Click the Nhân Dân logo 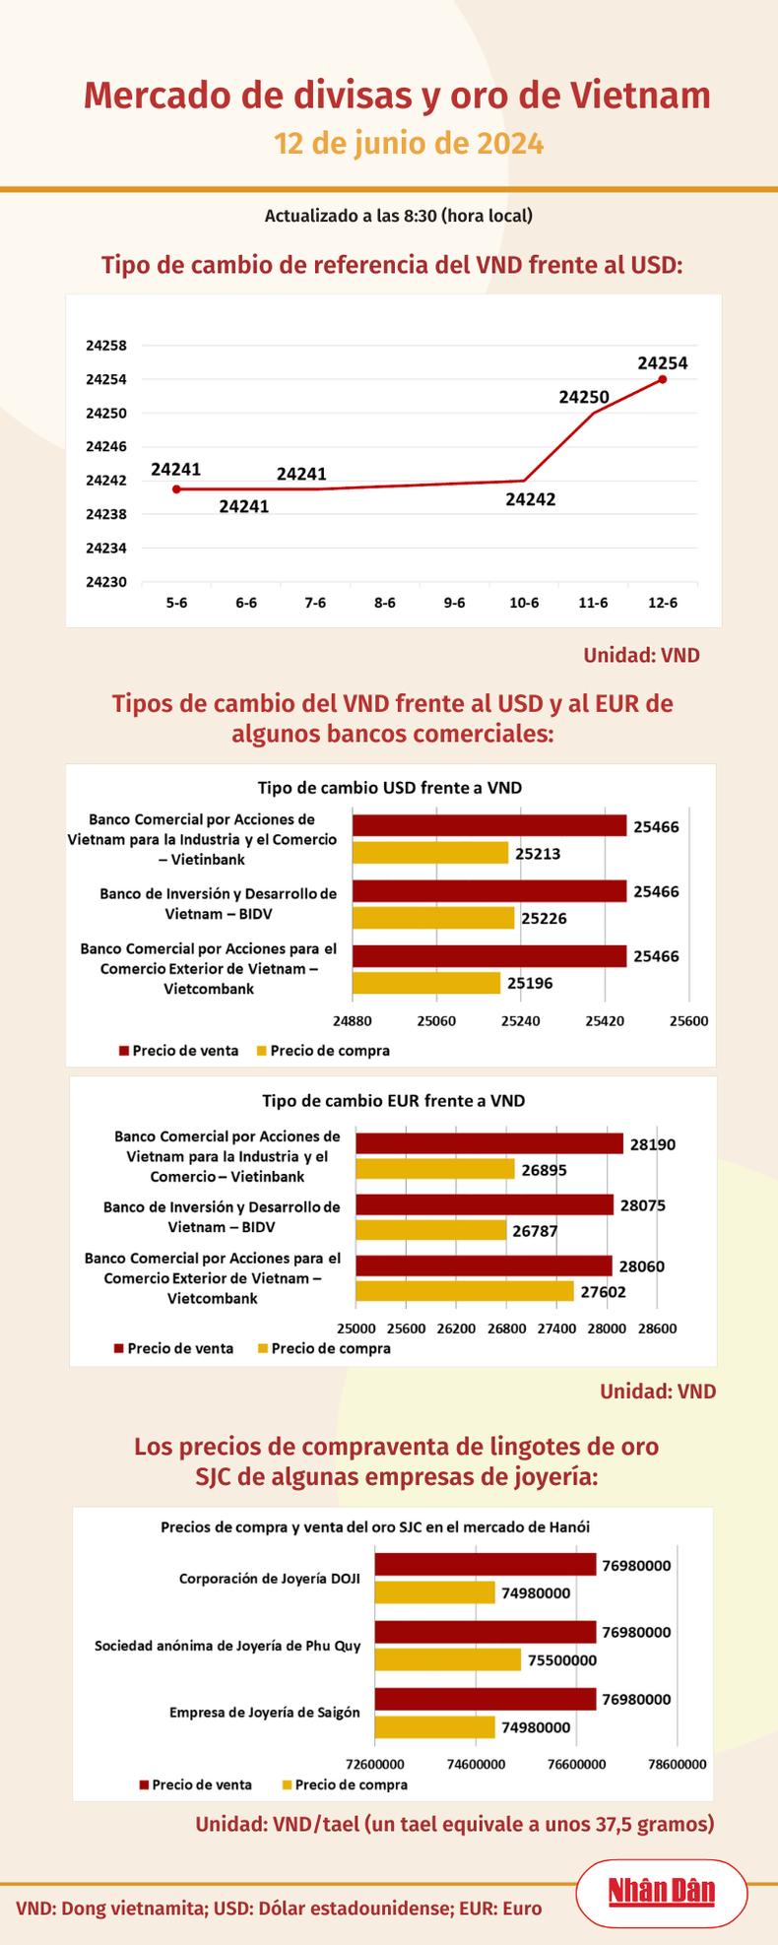pyautogui.click(x=661, y=1891)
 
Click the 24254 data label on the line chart pyautogui.click(x=662, y=362)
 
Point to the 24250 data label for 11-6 pyautogui.click(x=584, y=398)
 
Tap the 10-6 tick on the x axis pyautogui.click(x=523, y=603)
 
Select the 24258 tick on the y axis pyautogui.click(x=106, y=346)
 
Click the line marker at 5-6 pyautogui.click(x=176, y=488)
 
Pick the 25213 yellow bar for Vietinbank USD pyautogui.click(x=430, y=853)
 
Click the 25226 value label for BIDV pyautogui.click(x=544, y=919)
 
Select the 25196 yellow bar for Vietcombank pyautogui.click(x=426, y=983)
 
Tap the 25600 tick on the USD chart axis pyautogui.click(x=688, y=1021)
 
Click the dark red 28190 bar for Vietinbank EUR pyautogui.click(x=489, y=1143)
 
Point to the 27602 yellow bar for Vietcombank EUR pyautogui.click(x=464, y=1291)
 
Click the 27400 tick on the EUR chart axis pyautogui.click(x=556, y=1329)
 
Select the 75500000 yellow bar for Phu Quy pyautogui.click(x=447, y=1659)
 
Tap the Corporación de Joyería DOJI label pyautogui.click(x=269, y=1579)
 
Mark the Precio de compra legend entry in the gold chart pyautogui.click(x=345, y=1784)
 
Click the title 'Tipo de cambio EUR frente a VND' pyautogui.click(x=393, y=1101)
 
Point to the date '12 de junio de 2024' pyautogui.click(x=409, y=144)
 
